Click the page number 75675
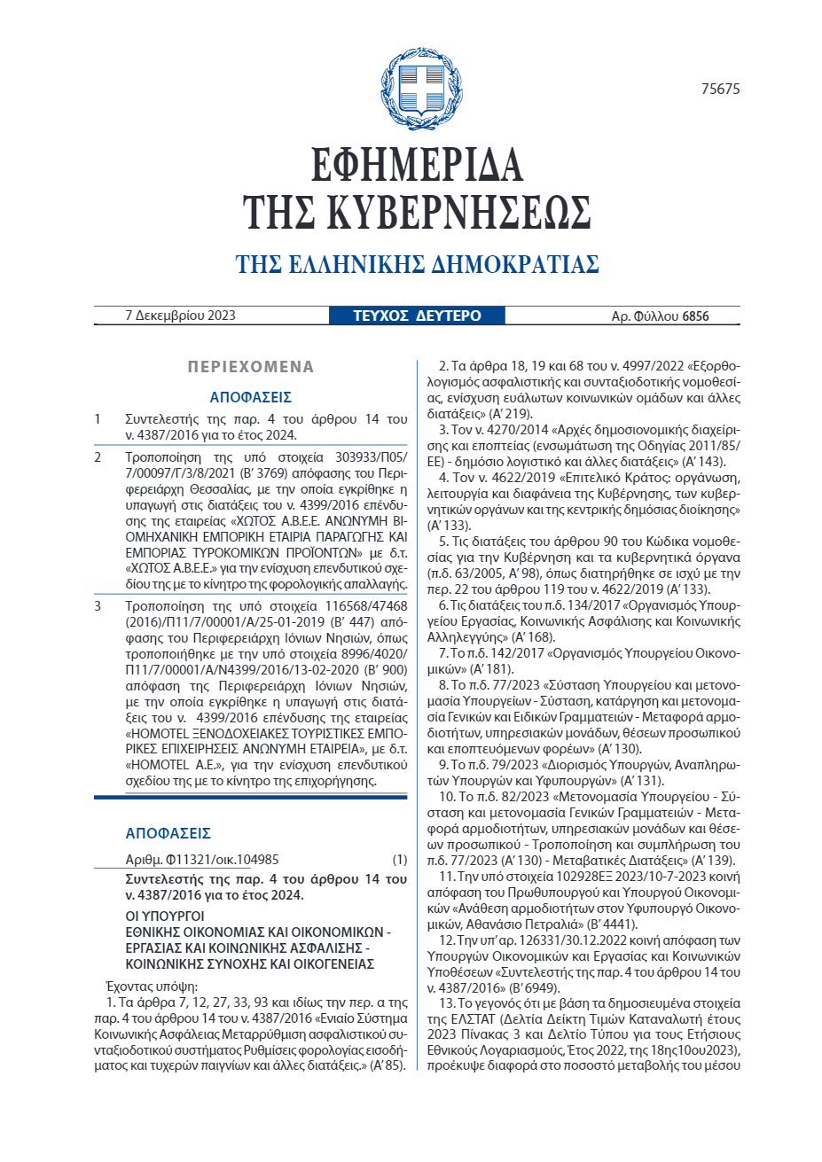719,89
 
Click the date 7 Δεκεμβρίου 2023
181,316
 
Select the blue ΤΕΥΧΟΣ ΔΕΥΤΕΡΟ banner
417,316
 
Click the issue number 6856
696,316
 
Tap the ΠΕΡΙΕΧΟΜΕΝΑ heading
251,367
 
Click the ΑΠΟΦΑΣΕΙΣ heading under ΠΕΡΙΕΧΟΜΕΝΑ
251,397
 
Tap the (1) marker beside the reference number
400,859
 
